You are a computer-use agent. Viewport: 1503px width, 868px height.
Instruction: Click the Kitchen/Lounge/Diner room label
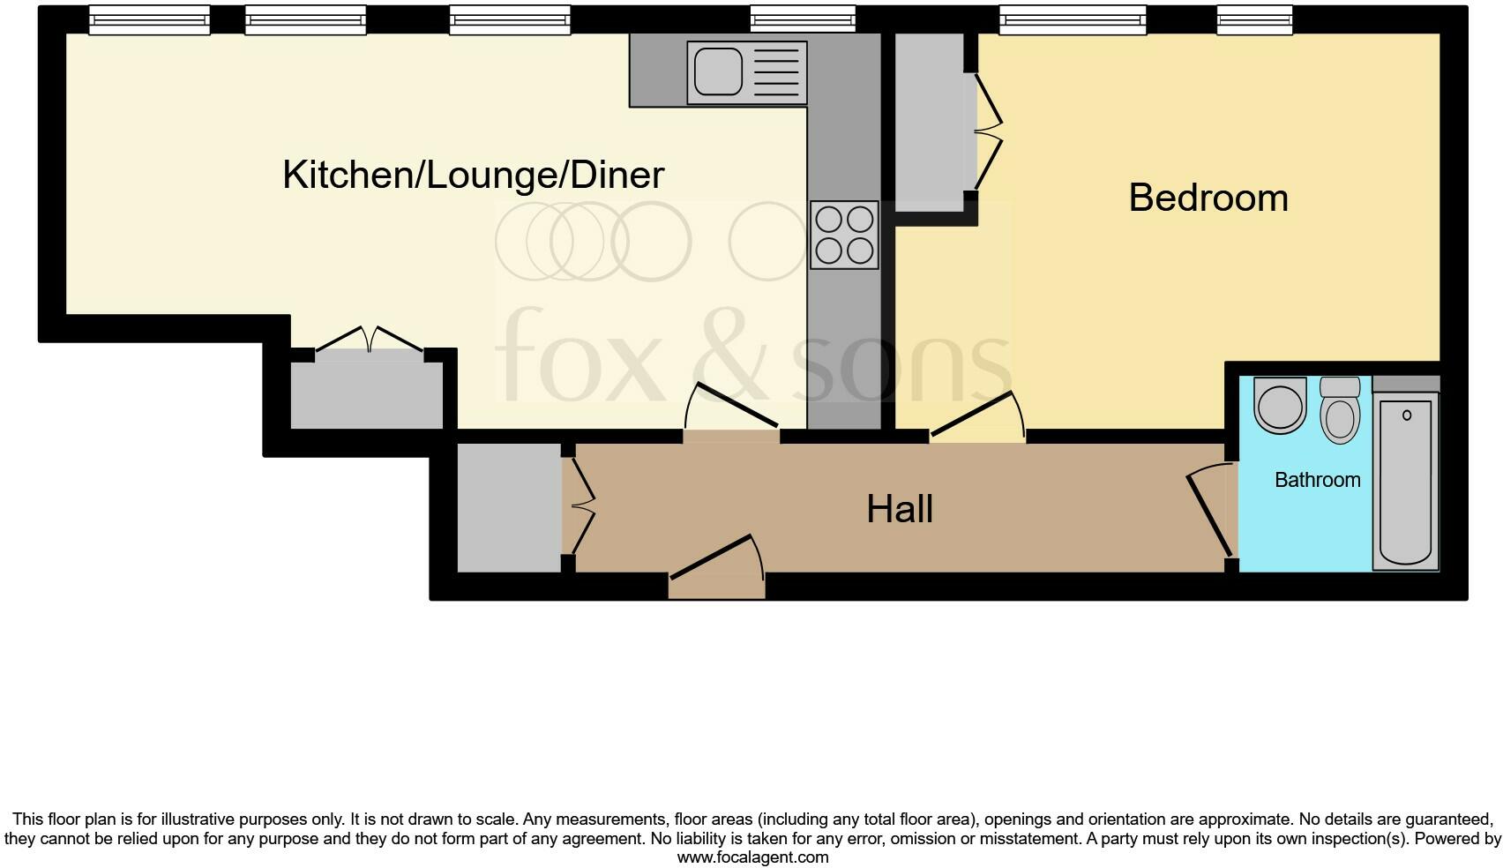pyautogui.click(x=473, y=175)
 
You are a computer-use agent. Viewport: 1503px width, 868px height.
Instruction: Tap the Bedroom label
pyautogui.click(x=1208, y=198)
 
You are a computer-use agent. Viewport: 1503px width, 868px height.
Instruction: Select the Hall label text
pyautogui.click(x=899, y=509)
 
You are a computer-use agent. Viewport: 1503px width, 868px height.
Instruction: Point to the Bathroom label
pyautogui.click(x=1317, y=480)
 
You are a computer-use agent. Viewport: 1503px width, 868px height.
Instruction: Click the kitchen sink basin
pyautogui.click(x=718, y=71)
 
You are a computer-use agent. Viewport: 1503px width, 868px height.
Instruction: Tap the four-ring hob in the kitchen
pyautogui.click(x=844, y=235)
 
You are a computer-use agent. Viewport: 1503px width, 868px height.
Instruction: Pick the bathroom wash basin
pyautogui.click(x=1280, y=407)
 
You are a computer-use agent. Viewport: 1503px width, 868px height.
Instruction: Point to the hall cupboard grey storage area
pyautogui.click(x=509, y=507)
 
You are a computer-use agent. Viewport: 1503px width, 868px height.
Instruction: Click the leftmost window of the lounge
pyautogui.click(x=149, y=19)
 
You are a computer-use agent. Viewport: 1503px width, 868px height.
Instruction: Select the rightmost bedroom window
pyautogui.click(x=1254, y=19)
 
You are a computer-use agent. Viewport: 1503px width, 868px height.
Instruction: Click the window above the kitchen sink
pyautogui.click(x=802, y=19)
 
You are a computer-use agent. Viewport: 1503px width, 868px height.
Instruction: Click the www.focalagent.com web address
pyautogui.click(x=752, y=857)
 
